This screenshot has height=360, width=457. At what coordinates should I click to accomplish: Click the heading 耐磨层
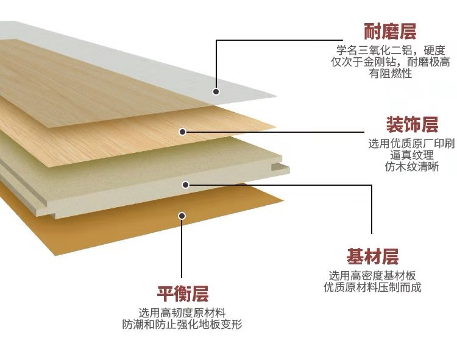pyautogui.click(x=390, y=31)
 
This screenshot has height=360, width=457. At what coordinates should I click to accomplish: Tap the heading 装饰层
pyautogui.click(x=412, y=125)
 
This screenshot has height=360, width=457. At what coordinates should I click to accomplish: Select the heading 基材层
pyautogui.click(x=372, y=255)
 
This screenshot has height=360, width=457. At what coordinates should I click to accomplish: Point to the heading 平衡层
pyautogui.click(x=183, y=295)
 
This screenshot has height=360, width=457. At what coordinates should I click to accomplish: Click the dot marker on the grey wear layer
pyautogui.click(x=216, y=92)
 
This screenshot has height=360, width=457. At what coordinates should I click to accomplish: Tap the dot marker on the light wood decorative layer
pyautogui.click(x=182, y=131)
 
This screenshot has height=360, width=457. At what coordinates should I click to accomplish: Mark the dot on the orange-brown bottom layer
pyautogui.click(x=181, y=215)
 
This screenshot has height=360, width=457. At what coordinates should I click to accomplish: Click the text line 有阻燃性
pyautogui.click(x=391, y=74)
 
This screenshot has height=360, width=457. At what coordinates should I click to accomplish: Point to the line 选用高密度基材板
pyautogui.click(x=372, y=275)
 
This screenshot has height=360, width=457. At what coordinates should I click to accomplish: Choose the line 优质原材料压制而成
pyautogui.click(x=372, y=287)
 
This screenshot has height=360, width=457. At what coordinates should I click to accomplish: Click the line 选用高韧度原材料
pyautogui.click(x=182, y=313)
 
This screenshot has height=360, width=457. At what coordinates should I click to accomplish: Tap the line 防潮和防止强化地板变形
pyautogui.click(x=182, y=325)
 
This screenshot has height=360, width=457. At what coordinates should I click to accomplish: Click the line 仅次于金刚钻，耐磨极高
pyautogui.click(x=390, y=62)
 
